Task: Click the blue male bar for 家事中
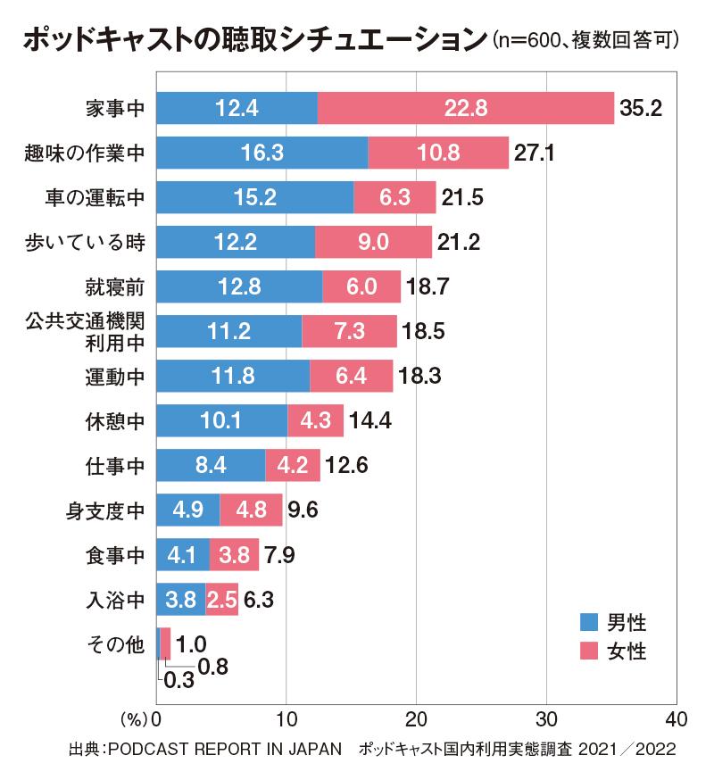pyautogui.click(x=237, y=108)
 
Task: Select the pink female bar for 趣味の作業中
pyautogui.click(x=437, y=153)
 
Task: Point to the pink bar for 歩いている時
pyautogui.click(x=373, y=241)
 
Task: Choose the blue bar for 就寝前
pyautogui.click(x=238, y=286)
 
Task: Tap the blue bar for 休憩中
pyautogui.click(x=221, y=419)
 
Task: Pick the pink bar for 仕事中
pyautogui.click(x=293, y=464)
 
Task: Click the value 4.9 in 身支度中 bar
pyautogui.click(x=187, y=510)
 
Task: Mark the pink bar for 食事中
pyautogui.click(x=234, y=554)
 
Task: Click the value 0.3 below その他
pyautogui.click(x=179, y=683)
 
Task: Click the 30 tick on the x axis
pyautogui.click(x=546, y=718)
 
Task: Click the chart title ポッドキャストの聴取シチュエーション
pyautogui.click(x=250, y=40)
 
